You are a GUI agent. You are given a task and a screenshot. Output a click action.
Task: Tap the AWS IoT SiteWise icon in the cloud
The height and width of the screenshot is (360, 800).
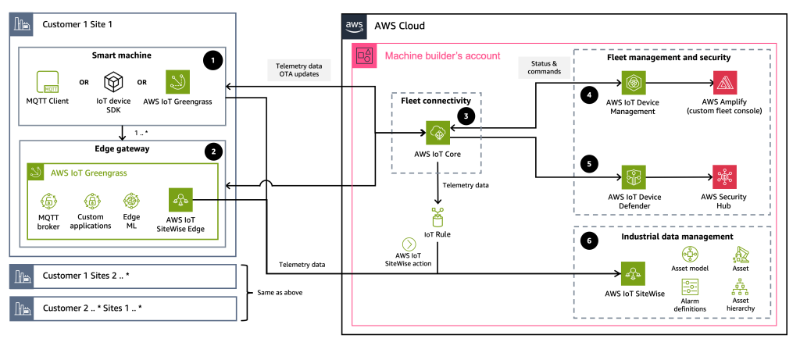click(x=634, y=273)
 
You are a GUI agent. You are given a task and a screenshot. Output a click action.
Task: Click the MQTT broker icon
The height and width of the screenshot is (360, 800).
click(x=48, y=201)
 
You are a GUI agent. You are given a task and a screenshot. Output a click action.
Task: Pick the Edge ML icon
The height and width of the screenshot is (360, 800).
click(x=131, y=201)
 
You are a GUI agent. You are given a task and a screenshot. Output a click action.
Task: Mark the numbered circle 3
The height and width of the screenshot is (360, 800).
click(x=466, y=116)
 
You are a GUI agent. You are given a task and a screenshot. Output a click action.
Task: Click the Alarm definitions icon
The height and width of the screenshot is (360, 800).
click(x=690, y=287)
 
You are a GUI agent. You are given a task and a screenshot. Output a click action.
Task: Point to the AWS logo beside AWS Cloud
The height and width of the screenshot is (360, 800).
click(x=356, y=25)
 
